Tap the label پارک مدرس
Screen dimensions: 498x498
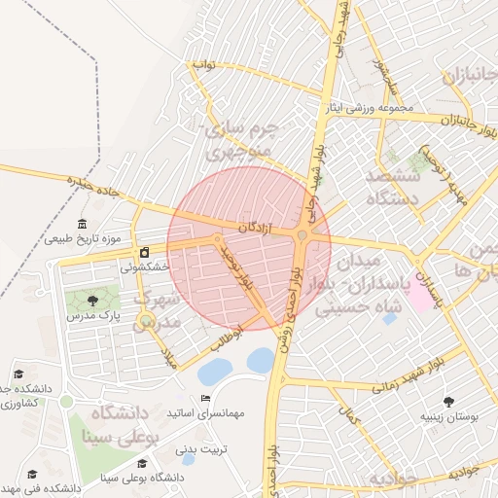click(x=97, y=316)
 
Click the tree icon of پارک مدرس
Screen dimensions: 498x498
click(x=92, y=301)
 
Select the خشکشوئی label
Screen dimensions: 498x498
click(x=145, y=267)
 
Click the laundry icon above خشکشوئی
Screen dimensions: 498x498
click(x=144, y=252)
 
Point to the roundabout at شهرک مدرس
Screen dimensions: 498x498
click(x=146, y=320)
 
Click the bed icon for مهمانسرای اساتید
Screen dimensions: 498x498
click(x=204, y=399)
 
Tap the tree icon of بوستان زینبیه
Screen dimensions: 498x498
click(x=448, y=401)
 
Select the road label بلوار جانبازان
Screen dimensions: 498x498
click(x=461, y=121)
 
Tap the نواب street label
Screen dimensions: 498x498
click(x=202, y=65)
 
